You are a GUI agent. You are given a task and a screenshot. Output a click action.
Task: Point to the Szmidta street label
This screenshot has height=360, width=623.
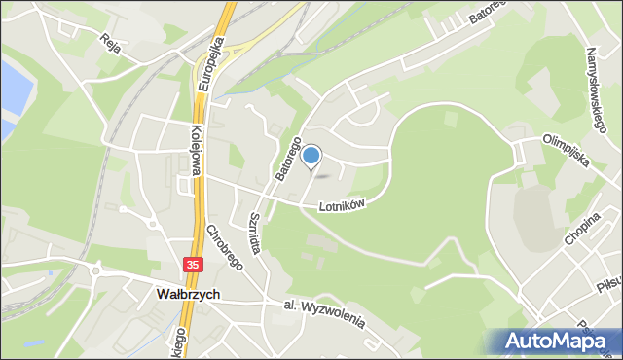(x=255, y=233)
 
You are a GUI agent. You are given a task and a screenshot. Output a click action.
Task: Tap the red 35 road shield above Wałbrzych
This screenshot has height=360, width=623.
(x=194, y=265)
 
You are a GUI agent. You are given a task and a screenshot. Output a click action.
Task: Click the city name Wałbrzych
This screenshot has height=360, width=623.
(x=188, y=294)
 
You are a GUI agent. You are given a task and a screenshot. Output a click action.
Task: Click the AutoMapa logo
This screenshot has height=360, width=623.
(x=558, y=342)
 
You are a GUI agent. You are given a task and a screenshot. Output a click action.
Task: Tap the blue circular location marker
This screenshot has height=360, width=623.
(x=311, y=155)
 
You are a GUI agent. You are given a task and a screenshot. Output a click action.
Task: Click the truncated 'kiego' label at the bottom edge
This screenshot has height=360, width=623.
(x=177, y=343)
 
